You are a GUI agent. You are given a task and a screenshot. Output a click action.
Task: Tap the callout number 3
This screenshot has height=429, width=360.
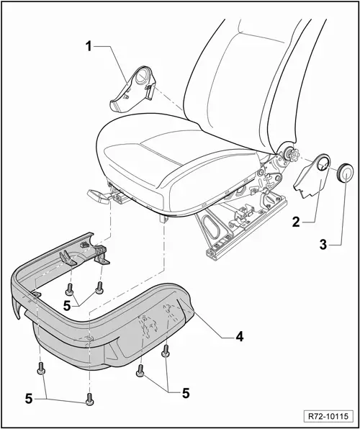[x=323, y=245]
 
